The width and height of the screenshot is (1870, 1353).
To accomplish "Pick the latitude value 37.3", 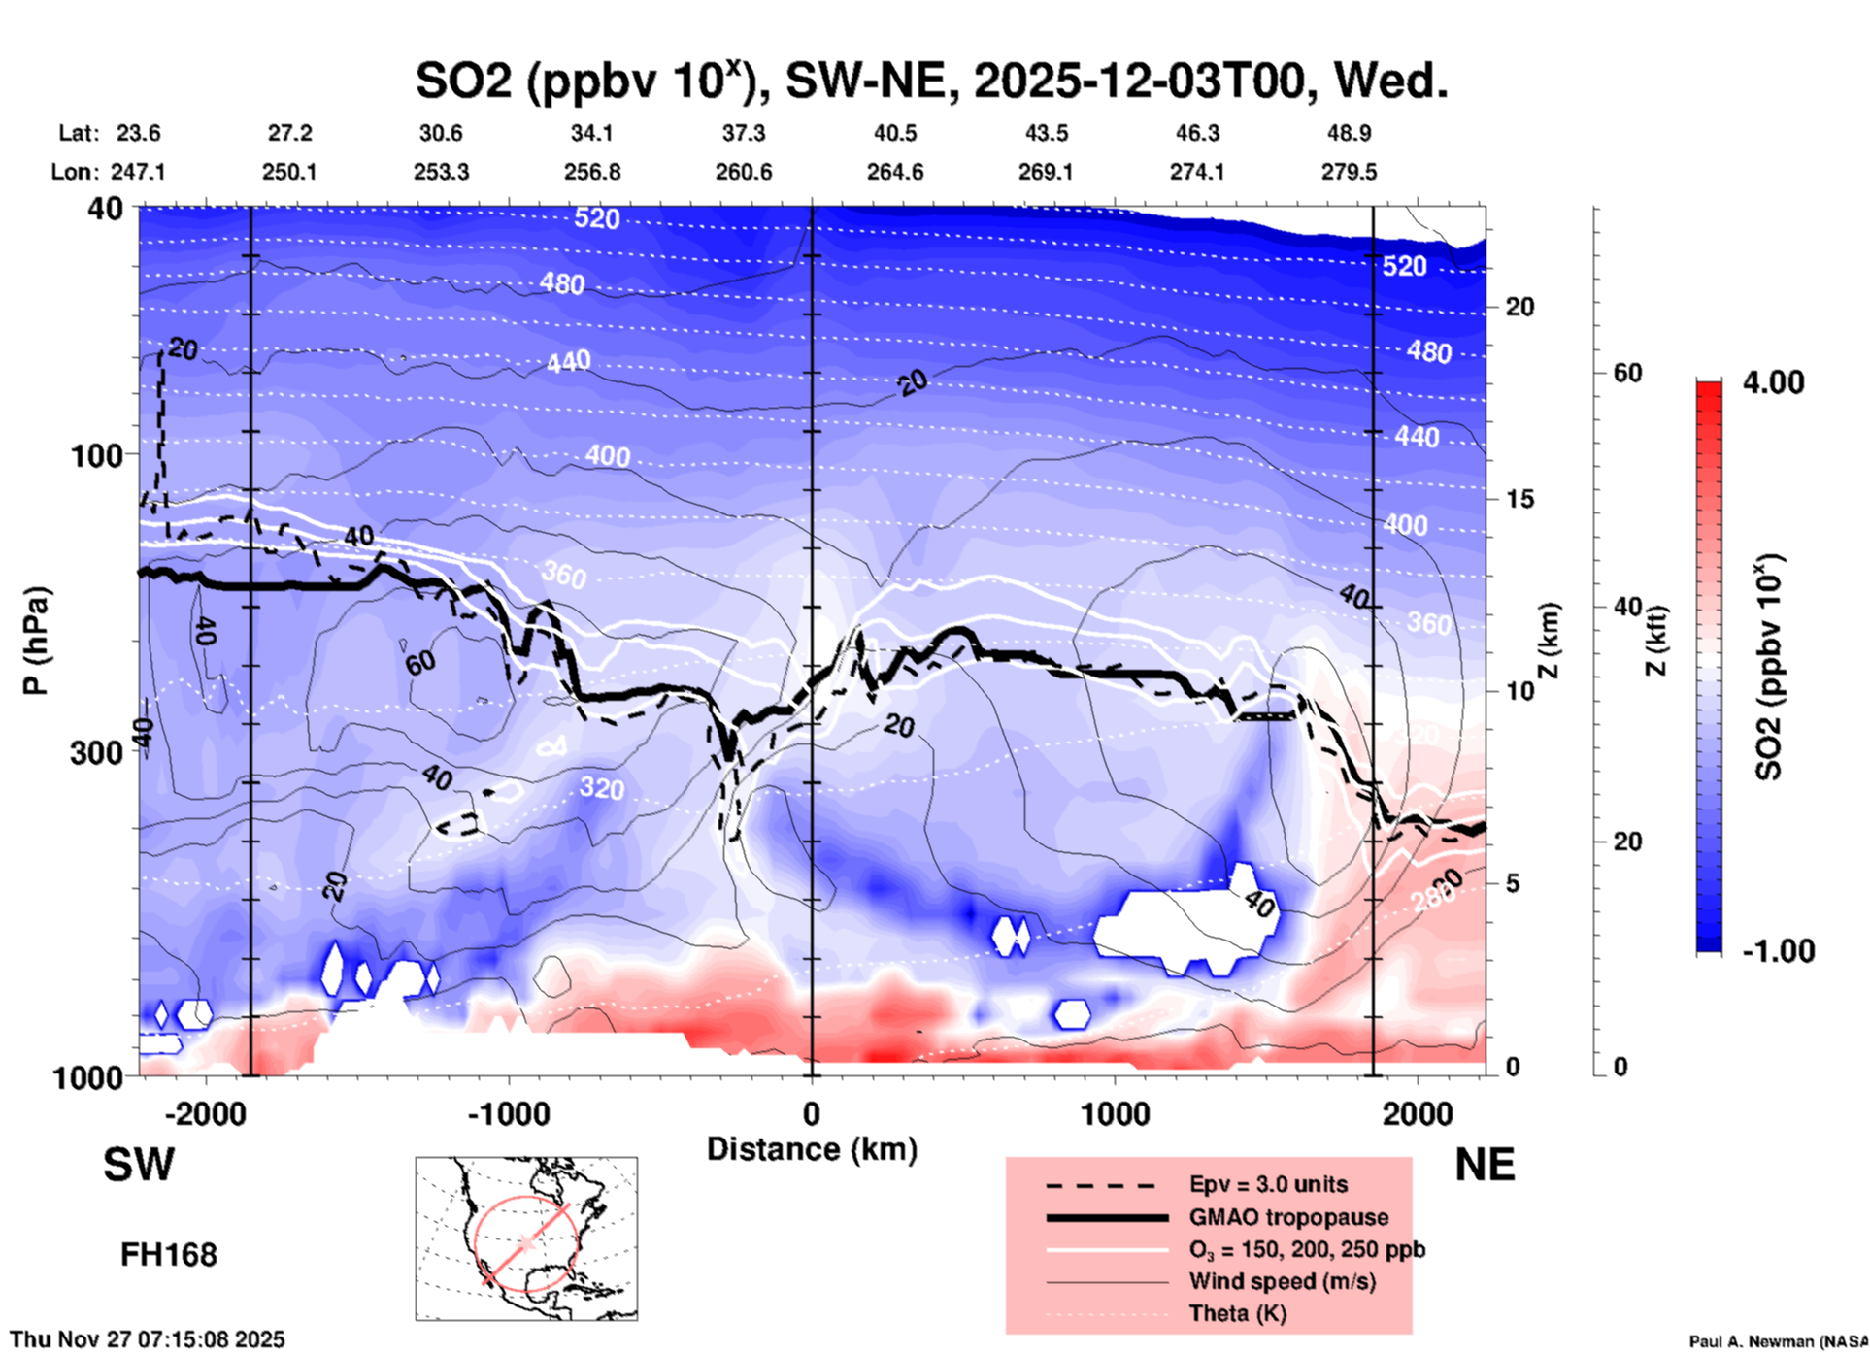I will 744,133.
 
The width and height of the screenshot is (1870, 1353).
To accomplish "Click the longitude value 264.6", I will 894,172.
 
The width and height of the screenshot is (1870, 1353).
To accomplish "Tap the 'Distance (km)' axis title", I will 812,1149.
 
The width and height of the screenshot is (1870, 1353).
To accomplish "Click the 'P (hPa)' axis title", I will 36,641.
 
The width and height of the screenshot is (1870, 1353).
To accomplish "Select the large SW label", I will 139,1165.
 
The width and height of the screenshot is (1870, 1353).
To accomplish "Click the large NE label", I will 1485,1165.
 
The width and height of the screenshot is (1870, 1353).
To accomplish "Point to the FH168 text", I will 169,1255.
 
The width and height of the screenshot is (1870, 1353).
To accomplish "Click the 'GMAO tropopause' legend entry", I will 1288,1217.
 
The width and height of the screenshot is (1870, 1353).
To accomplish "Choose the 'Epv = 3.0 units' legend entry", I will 1268,1184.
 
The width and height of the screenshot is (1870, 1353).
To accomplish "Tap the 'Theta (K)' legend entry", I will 1237,1313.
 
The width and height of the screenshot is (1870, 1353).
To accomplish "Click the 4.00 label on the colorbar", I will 1773,382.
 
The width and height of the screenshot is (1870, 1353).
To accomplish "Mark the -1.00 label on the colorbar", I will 1778,951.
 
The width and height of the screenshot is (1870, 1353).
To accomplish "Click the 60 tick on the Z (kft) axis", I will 1627,373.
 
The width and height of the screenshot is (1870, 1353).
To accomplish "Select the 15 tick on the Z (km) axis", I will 1519,499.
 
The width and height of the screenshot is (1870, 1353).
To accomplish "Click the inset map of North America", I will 526,1238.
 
